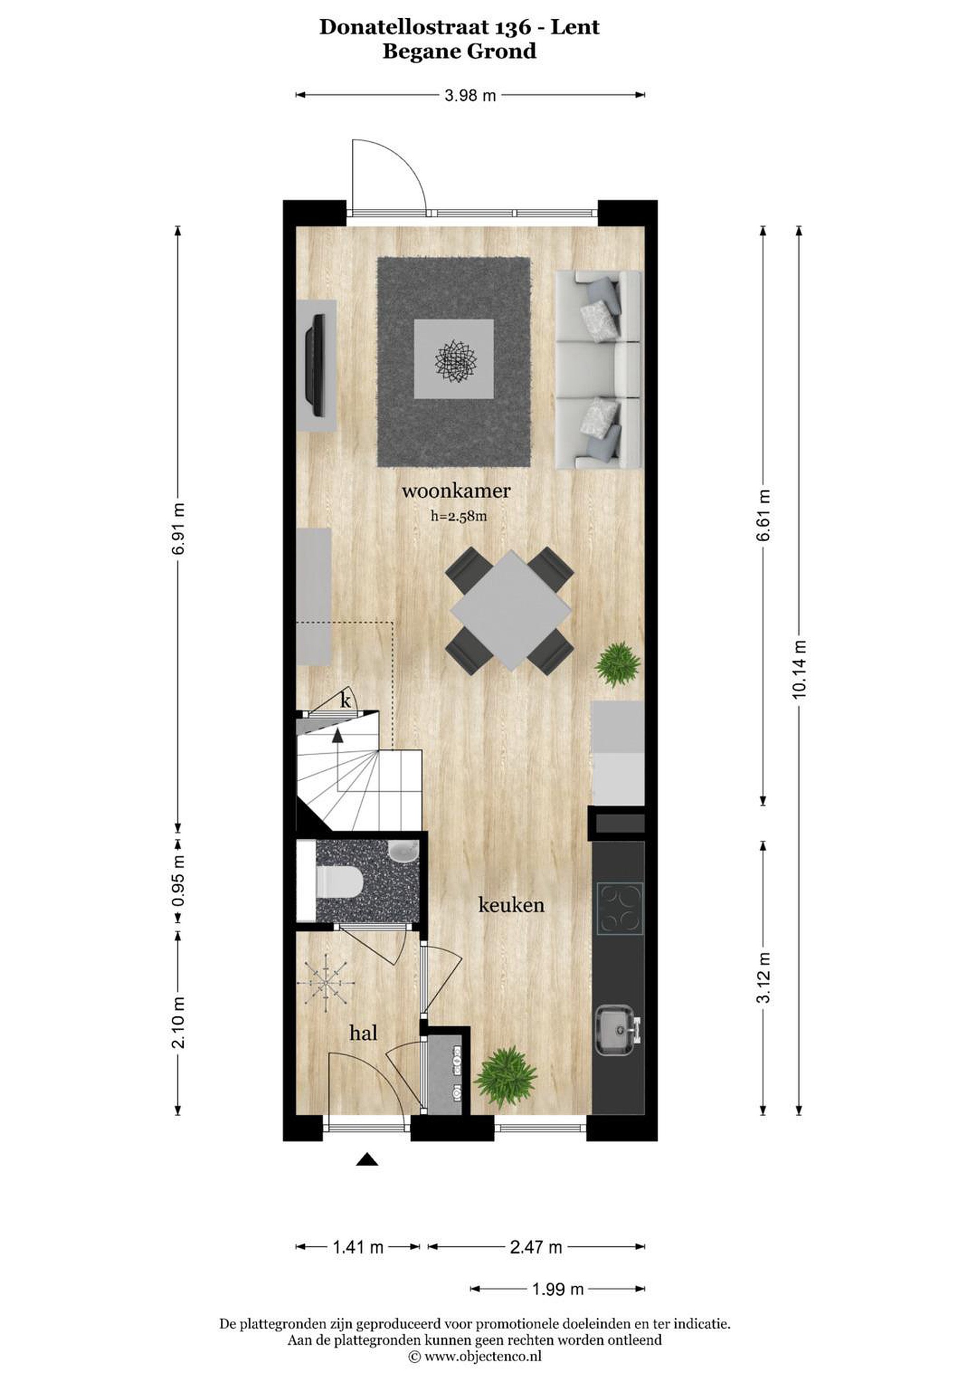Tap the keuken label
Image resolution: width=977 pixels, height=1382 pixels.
[x=511, y=905]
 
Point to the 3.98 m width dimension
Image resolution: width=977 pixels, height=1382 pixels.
[x=470, y=95]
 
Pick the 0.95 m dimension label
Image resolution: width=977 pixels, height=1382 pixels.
[x=178, y=881]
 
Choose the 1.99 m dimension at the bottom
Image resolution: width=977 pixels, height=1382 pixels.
[x=558, y=1289]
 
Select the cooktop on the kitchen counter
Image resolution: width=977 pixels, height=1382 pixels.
[x=620, y=908]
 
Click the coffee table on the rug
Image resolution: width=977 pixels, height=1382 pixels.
[x=454, y=358]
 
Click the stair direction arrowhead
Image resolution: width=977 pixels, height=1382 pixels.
[x=338, y=734]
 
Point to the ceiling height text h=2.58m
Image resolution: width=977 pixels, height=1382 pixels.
[x=458, y=515]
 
